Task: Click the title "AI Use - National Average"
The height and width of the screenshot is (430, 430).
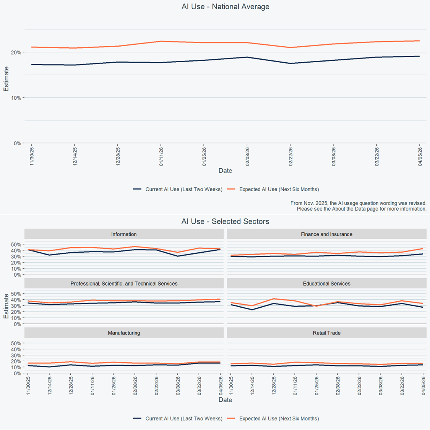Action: click(225, 7)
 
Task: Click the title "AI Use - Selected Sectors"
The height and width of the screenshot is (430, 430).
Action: click(225, 222)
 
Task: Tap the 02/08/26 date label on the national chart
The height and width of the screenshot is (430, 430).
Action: click(247, 156)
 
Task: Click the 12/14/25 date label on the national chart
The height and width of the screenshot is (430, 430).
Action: click(75, 156)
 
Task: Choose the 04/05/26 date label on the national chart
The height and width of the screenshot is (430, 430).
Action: click(420, 156)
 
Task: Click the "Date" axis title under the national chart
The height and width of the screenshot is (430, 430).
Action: click(225, 171)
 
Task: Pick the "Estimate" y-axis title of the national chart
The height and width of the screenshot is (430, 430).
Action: click(6, 79)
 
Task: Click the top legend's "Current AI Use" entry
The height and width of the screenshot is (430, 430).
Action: click(183, 190)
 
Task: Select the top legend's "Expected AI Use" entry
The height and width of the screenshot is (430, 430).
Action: click(279, 190)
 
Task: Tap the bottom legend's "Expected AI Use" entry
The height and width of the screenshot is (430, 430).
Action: click(279, 419)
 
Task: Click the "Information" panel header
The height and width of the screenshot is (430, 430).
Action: click(124, 234)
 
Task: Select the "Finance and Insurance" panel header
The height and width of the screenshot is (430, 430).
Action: click(326, 234)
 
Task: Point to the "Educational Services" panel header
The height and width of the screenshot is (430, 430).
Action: click(326, 284)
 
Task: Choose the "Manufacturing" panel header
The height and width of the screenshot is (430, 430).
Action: click(124, 333)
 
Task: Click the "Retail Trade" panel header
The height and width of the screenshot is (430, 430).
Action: click(326, 333)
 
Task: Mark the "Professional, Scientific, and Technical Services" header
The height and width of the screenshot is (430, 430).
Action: click(124, 284)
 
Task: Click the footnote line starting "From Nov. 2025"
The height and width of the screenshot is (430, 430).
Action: click(358, 203)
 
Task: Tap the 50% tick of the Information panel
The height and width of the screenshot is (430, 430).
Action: click(16, 245)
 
